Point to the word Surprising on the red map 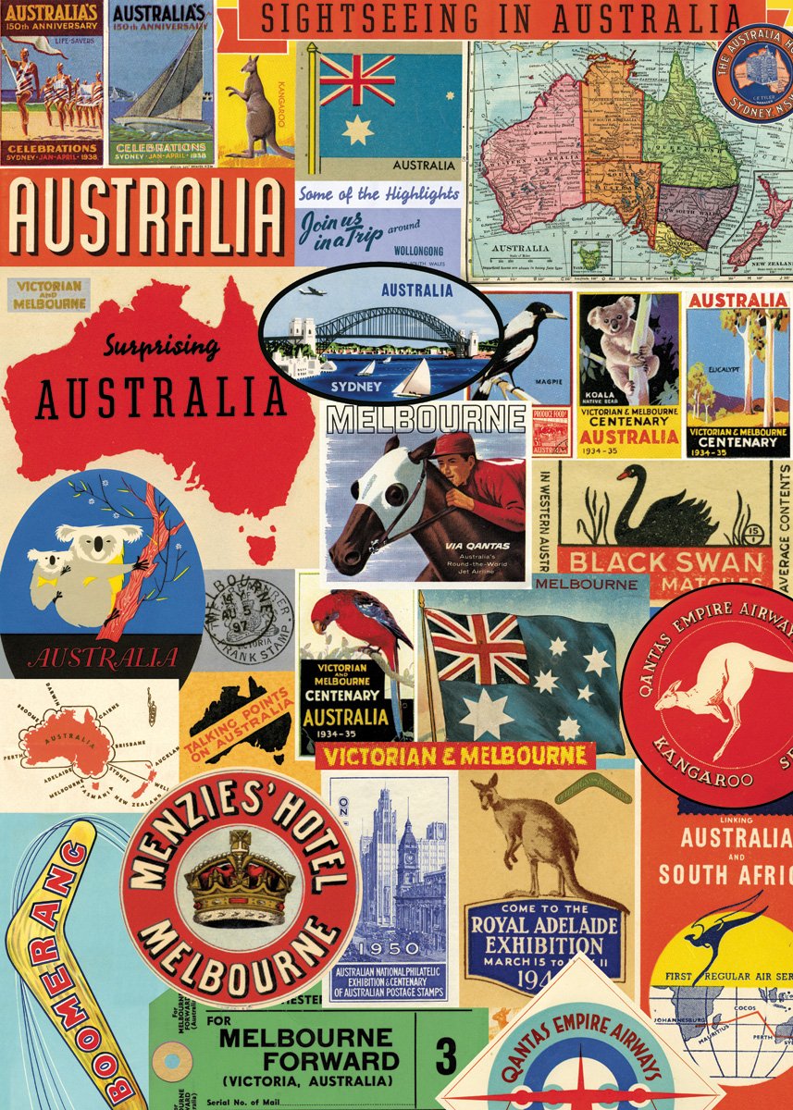(x=162, y=348)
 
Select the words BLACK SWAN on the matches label (x=665, y=561)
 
